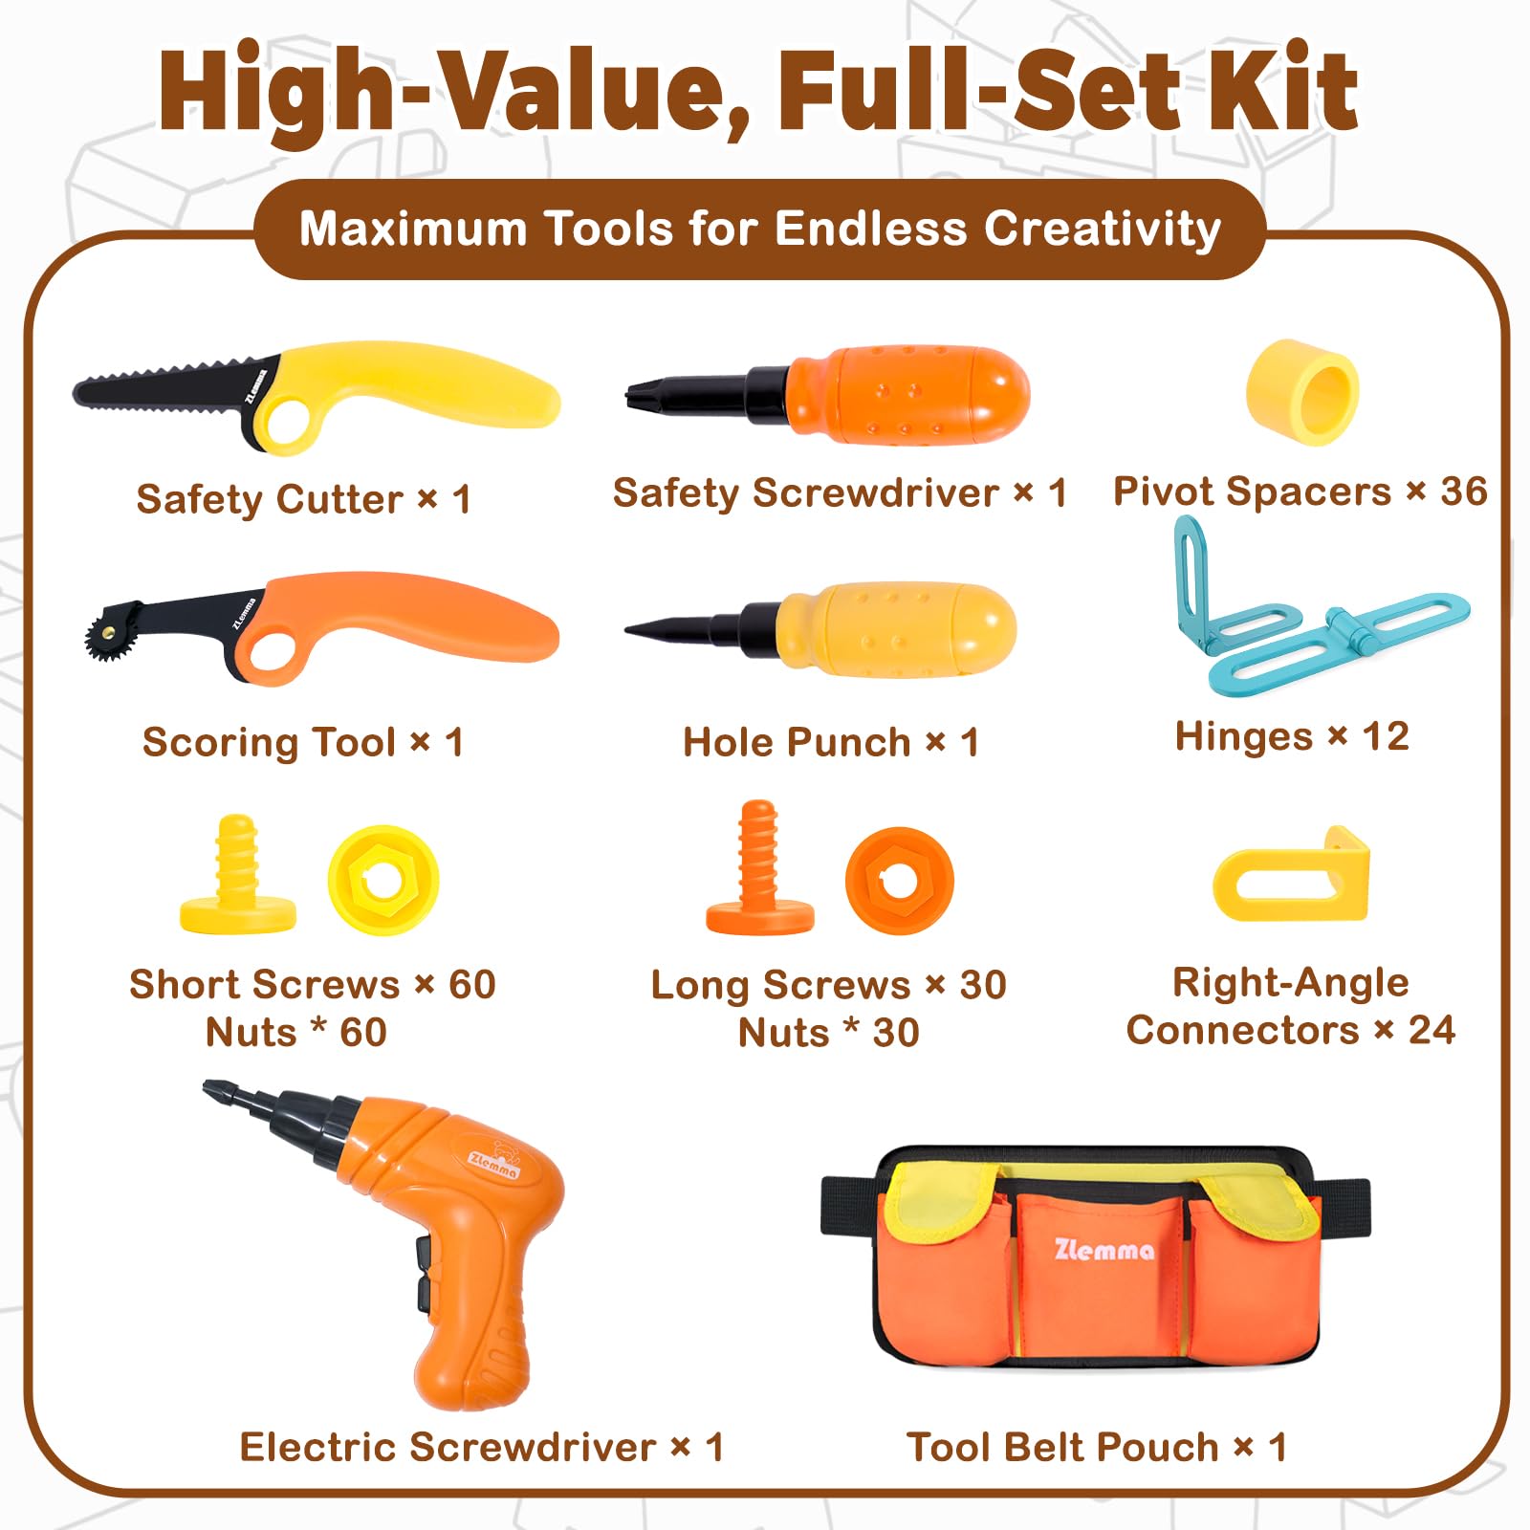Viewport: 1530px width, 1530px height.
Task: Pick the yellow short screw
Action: tap(238, 875)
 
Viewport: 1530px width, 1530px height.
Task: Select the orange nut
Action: tap(900, 881)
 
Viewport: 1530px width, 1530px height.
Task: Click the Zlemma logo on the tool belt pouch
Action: tap(1104, 1250)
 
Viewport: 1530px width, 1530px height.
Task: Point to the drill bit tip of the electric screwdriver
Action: tap(212, 1089)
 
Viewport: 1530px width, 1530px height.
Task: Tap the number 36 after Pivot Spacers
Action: tap(1464, 492)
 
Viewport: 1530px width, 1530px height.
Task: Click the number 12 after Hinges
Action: tap(1386, 736)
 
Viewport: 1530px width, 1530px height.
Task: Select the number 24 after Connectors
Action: tap(1432, 1030)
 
